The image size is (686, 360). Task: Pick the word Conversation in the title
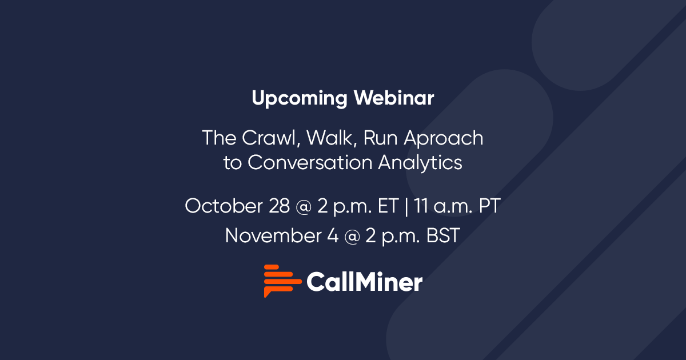coord(311,162)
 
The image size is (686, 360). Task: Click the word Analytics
coord(420,162)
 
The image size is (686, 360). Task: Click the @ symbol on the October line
coord(305,206)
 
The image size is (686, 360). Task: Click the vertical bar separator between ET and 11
coord(406,206)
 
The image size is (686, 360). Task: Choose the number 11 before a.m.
coord(422,206)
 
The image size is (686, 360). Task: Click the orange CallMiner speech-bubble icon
coord(281,281)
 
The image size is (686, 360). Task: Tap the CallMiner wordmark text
coord(364,282)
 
